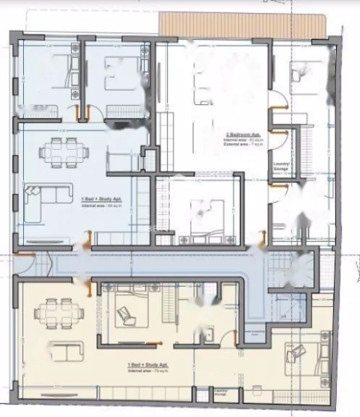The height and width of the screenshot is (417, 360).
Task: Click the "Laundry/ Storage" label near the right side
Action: [x=282, y=166]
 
